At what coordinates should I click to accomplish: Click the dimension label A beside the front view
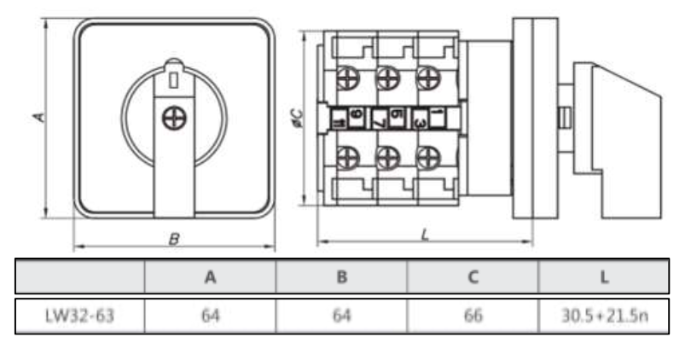[x=38, y=117]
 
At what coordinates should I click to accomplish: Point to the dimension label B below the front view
[x=173, y=240]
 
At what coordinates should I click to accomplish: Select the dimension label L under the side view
[x=424, y=235]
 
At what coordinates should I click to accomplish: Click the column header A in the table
[x=210, y=276]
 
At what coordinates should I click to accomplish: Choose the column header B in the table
[x=341, y=276]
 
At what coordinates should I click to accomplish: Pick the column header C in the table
[x=473, y=276]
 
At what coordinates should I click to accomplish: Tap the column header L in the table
[x=603, y=276]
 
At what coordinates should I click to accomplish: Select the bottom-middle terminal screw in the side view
[x=388, y=156]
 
